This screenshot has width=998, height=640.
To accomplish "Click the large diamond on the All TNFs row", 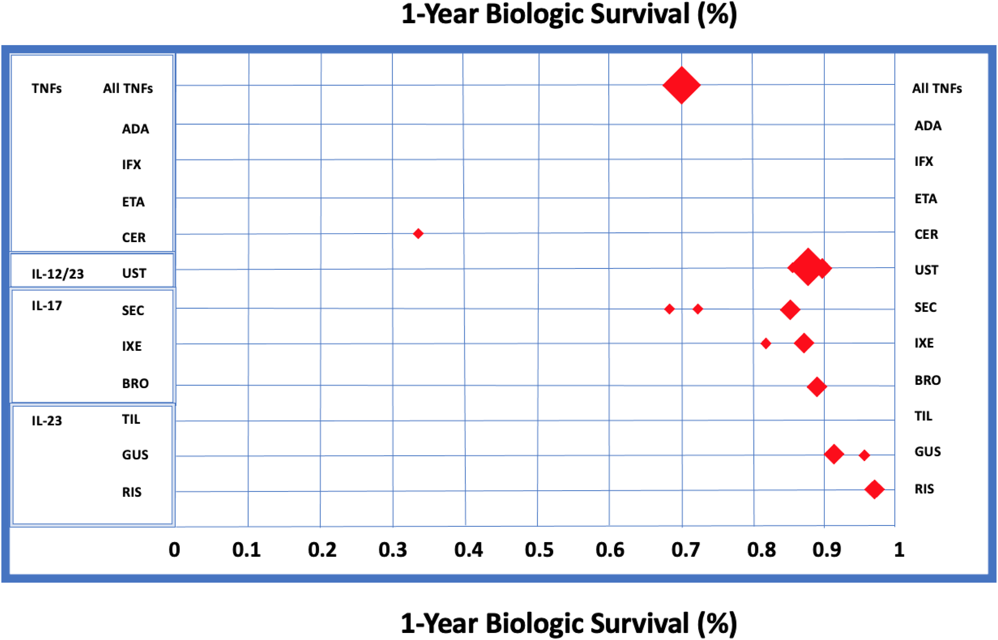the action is tap(681, 85).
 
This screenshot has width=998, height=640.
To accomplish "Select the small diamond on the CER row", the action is tap(418, 234).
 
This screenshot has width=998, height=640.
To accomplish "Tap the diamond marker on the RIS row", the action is tap(875, 489).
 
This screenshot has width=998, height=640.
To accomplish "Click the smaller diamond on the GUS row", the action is tap(864, 455).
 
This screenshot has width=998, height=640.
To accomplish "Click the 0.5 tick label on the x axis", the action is tap(539, 550).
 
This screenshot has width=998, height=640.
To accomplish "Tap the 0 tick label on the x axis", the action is tap(174, 550).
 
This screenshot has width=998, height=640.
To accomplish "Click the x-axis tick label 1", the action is tap(899, 550).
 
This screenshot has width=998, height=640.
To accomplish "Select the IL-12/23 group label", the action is tap(58, 274).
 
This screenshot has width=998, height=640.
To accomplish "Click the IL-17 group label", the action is tap(47, 306).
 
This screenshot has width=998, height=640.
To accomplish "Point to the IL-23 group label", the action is tap(47, 421).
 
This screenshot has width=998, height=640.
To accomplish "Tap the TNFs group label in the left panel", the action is tap(47, 89).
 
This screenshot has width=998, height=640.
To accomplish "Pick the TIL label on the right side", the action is tap(923, 416).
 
